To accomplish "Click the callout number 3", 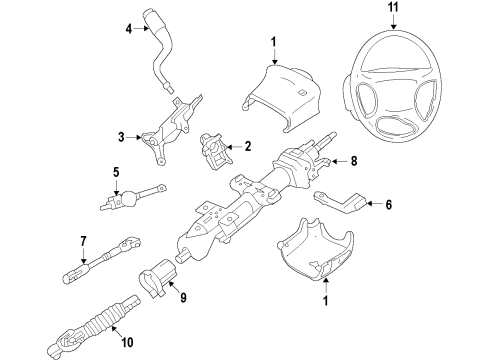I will pyautogui.click(x=121, y=136).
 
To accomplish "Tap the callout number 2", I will pyautogui.click(x=246, y=146).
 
